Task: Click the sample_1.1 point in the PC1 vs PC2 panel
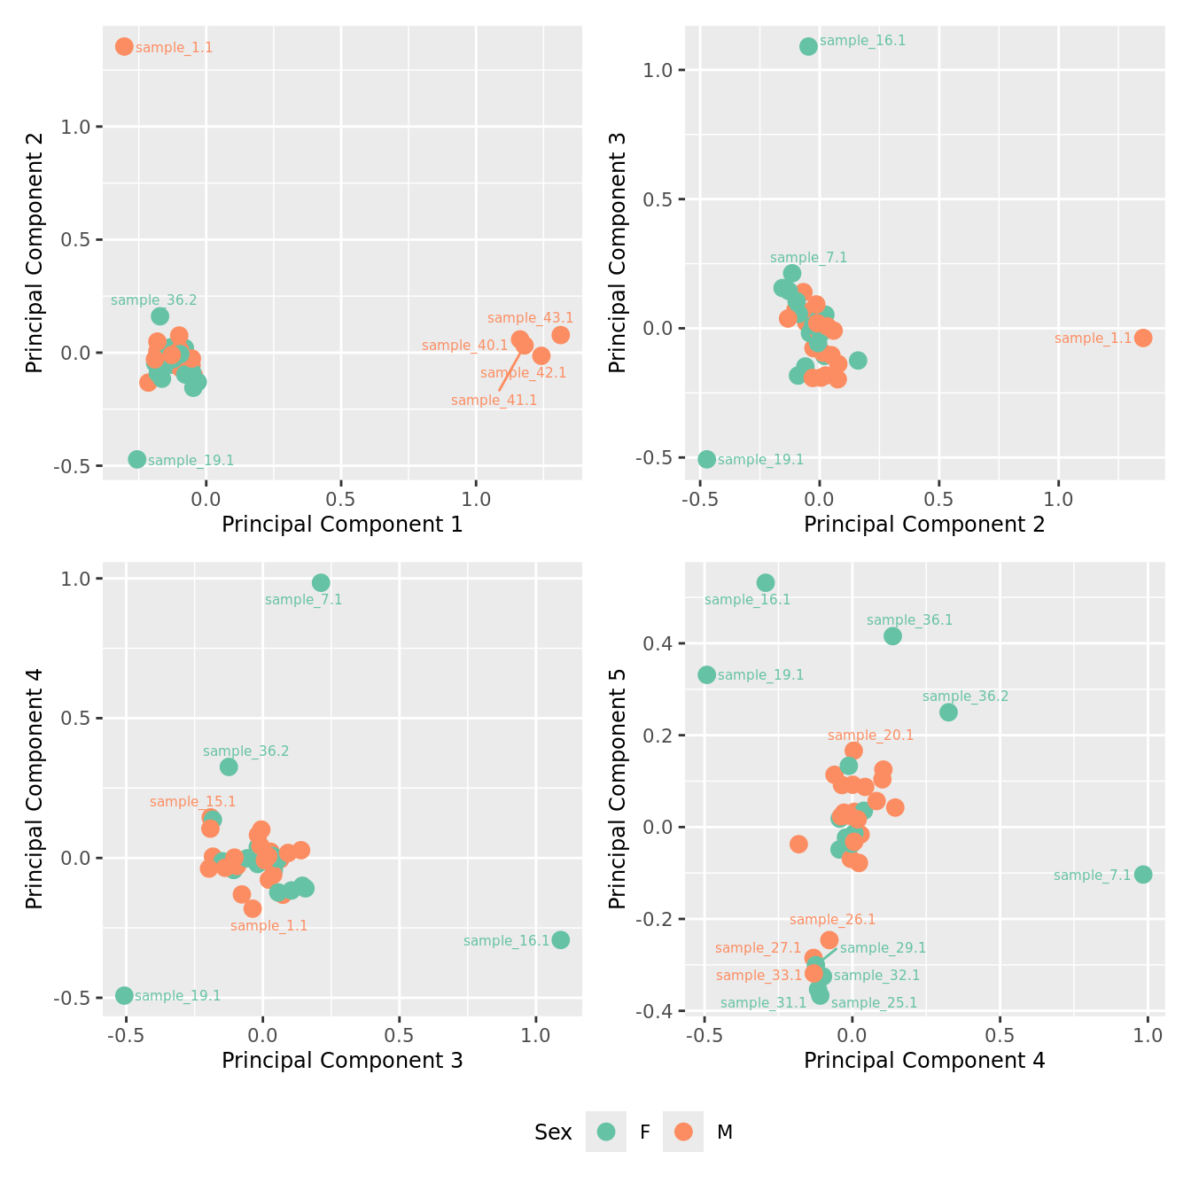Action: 124,46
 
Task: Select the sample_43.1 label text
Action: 530,318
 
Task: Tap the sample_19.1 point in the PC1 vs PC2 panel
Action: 136,459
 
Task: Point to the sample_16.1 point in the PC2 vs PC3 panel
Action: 808,46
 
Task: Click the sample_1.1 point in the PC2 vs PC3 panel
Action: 1143,338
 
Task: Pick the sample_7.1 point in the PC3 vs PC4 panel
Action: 321,582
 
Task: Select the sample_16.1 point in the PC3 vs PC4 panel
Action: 560,939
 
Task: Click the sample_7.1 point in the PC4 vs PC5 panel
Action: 1143,874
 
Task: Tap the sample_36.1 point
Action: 892,635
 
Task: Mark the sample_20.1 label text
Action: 870,736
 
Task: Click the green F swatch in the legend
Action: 606,1132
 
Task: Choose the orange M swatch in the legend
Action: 683,1132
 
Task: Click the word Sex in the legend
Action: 553,1133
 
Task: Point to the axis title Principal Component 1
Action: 342,525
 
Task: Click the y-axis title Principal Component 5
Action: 618,788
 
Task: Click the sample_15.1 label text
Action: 192,802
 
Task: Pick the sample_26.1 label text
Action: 832,920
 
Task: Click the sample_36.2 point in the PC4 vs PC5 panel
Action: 948,712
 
